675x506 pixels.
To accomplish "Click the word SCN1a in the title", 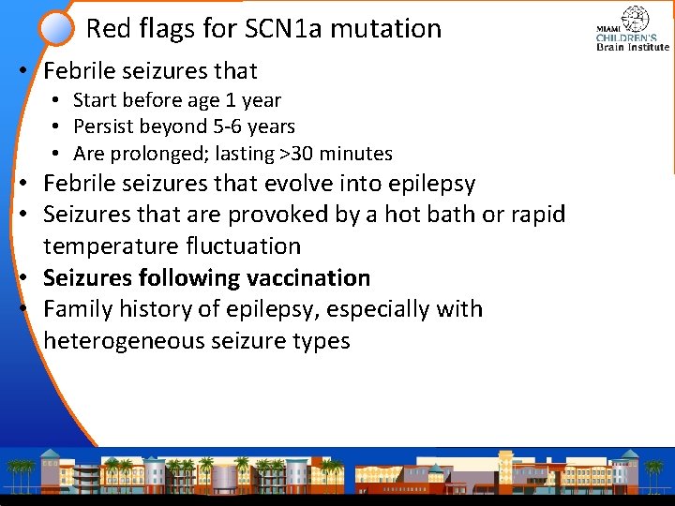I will click(274, 29).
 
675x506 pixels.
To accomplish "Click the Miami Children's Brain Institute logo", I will click(633, 29).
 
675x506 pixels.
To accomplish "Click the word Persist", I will click(105, 126).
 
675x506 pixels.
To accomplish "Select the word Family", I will click(77, 309).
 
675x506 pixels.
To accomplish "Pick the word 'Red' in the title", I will click(105, 29).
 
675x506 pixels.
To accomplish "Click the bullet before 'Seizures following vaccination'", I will click(31, 278).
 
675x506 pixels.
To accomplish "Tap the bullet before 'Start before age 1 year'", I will click(58, 100).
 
